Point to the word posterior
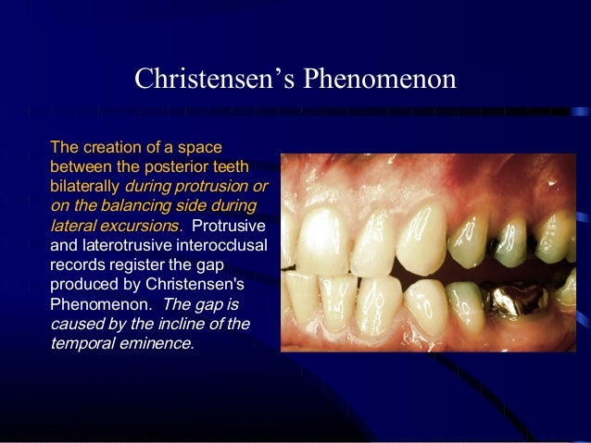pyautogui.click(x=177, y=166)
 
